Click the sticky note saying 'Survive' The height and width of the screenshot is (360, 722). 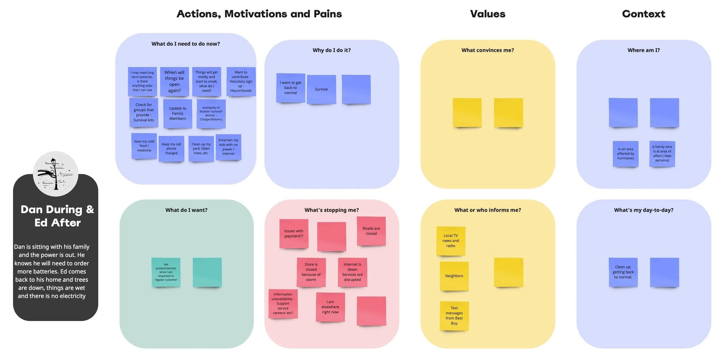click(x=321, y=89)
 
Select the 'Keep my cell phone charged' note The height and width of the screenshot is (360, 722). click(x=171, y=149)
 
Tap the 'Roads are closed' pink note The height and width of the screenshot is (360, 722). click(x=371, y=231)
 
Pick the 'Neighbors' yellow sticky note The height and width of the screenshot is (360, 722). click(x=454, y=276)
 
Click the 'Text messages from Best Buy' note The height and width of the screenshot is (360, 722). click(x=454, y=316)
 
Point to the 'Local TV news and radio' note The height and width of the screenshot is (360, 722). click(x=451, y=241)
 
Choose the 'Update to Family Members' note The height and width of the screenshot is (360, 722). click(x=178, y=113)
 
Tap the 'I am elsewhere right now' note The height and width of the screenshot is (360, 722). click(x=330, y=307)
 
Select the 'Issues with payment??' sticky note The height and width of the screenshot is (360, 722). click(x=294, y=234)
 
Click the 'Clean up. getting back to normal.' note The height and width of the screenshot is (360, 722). click(x=623, y=272)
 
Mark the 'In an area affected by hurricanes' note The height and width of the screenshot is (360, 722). click(x=626, y=154)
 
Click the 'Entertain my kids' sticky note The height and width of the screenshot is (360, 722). click(x=228, y=147)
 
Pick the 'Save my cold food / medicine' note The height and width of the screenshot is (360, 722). click(x=144, y=146)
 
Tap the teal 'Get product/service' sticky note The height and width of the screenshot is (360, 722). click(x=166, y=272)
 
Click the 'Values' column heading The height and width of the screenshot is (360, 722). click(x=487, y=14)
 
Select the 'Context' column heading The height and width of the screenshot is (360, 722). click(x=643, y=14)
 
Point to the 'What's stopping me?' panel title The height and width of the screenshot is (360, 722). click(x=331, y=210)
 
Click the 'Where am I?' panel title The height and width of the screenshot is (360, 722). click(x=643, y=50)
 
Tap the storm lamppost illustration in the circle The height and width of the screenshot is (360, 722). click(x=55, y=174)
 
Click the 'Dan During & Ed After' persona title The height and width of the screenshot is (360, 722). click(x=57, y=216)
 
